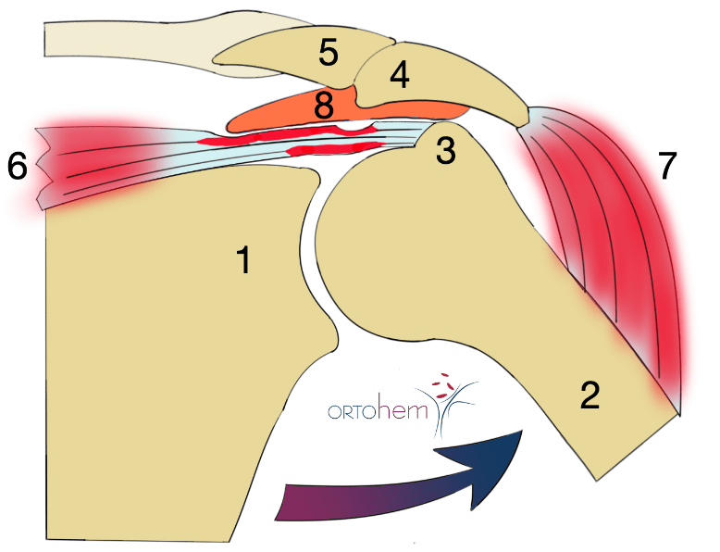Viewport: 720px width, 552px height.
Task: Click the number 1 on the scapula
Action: [x=243, y=260]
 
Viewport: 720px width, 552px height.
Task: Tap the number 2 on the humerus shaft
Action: [x=590, y=395]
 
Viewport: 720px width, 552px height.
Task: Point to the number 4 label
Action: [x=399, y=76]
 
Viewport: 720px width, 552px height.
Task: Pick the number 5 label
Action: [x=328, y=53]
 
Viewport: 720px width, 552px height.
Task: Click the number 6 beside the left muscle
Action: [x=18, y=167]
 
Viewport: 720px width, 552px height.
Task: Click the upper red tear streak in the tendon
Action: [x=278, y=137]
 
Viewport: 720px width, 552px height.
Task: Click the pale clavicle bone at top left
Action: [x=120, y=39]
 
